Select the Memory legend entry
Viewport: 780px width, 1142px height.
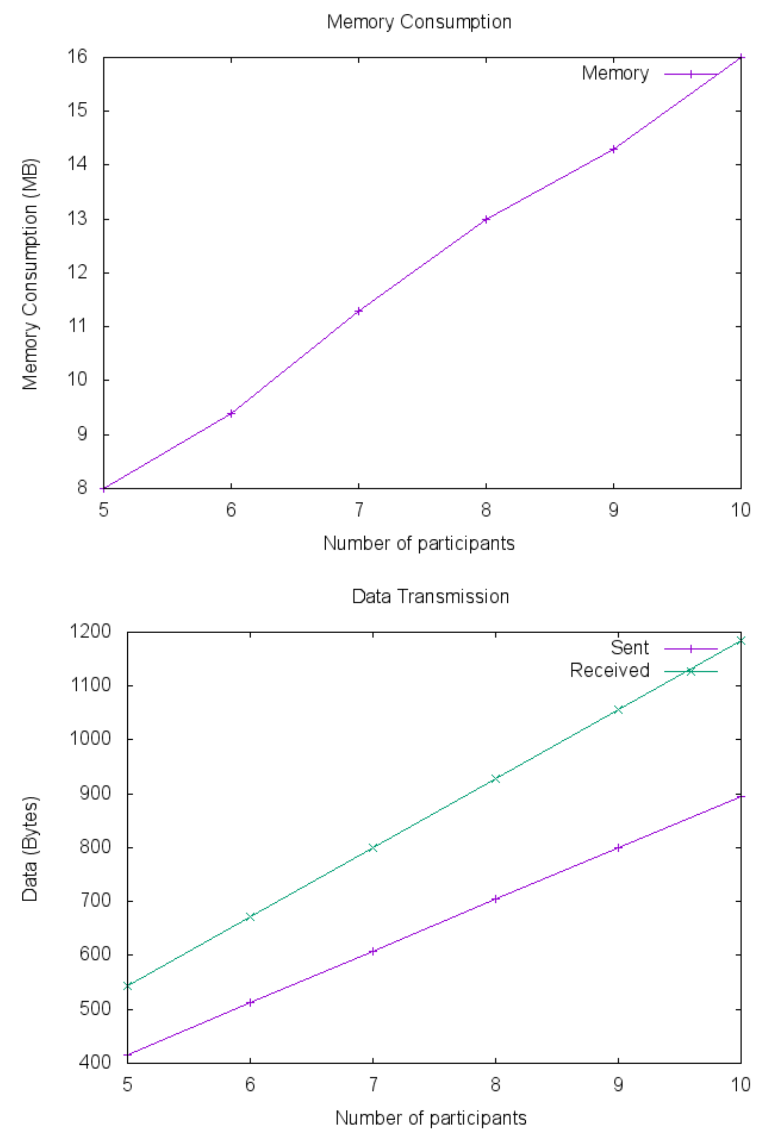[x=615, y=74]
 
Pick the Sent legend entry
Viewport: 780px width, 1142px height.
[x=629, y=648]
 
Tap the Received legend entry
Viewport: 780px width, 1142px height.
[x=610, y=671]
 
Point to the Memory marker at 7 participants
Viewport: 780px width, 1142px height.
[x=359, y=311]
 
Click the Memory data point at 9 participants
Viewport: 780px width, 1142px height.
[x=613, y=149]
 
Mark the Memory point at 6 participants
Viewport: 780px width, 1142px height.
[x=231, y=413]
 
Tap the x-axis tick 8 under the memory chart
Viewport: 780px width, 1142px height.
[x=486, y=510]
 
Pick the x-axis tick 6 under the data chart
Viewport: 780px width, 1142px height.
[x=250, y=1084]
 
